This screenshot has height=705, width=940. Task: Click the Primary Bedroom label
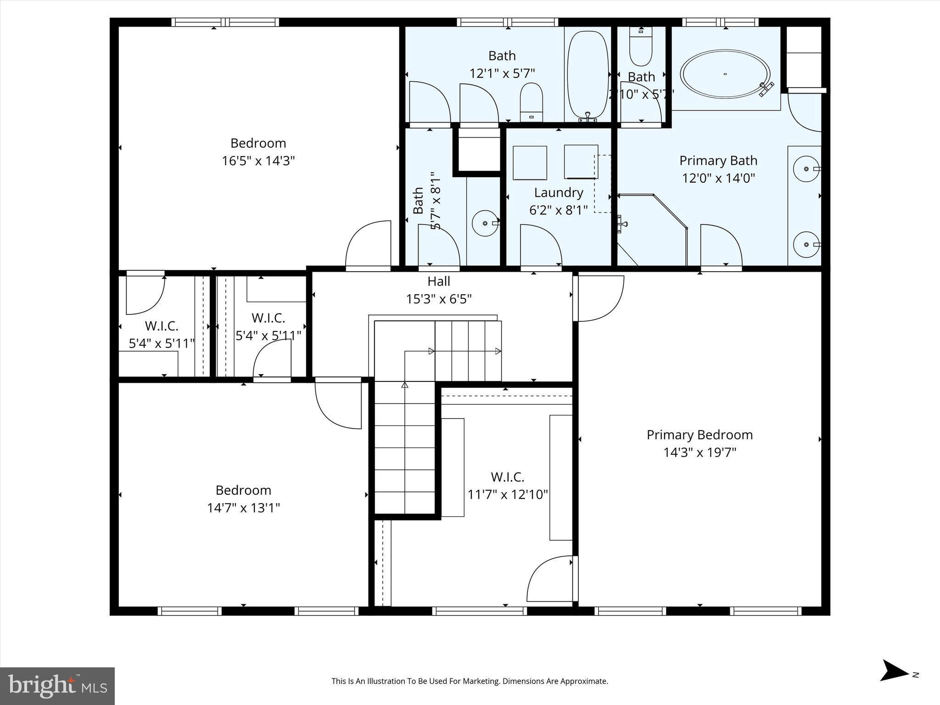[x=699, y=435]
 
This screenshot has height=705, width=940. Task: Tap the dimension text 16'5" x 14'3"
[x=258, y=161]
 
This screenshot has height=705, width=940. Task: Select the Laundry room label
[x=558, y=192]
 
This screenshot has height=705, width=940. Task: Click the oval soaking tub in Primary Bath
[x=725, y=74]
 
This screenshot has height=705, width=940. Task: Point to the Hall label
[x=439, y=281]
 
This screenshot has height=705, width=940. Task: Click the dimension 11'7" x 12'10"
[x=508, y=494]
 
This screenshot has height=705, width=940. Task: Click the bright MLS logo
[x=57, y=686]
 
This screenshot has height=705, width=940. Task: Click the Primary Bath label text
[x=718, y=160]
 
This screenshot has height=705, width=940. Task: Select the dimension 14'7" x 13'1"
[x=243, y=508]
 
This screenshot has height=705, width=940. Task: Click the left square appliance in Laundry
[x=530, y=163]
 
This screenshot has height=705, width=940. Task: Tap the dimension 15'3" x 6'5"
[x=439, y=299]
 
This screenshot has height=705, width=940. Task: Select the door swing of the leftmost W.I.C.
[x=145, y=295]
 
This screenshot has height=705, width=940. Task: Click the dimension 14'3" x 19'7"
[x=699, y=453]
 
